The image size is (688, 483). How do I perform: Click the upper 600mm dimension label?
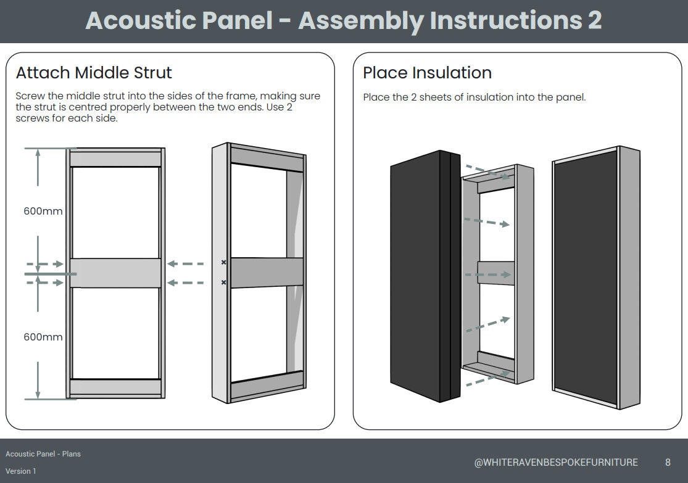(43, 211)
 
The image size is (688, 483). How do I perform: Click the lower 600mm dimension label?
(43, 337)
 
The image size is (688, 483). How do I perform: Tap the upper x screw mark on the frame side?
(223, 263)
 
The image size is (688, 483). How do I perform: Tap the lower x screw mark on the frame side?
(223, 283)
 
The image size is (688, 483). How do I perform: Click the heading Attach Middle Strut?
(94, 73)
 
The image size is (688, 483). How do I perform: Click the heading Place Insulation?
(427, 73)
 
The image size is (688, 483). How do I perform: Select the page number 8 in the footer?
(668, 462)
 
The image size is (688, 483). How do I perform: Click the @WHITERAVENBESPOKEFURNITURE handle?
(555, 462)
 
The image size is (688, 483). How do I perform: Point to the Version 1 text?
(21, 471)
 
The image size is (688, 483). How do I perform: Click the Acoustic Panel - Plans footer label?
(43, 454)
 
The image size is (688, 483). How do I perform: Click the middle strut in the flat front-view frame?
(115, 273)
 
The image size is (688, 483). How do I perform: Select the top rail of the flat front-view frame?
(115, 159)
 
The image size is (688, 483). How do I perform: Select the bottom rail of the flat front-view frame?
(115, 387)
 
